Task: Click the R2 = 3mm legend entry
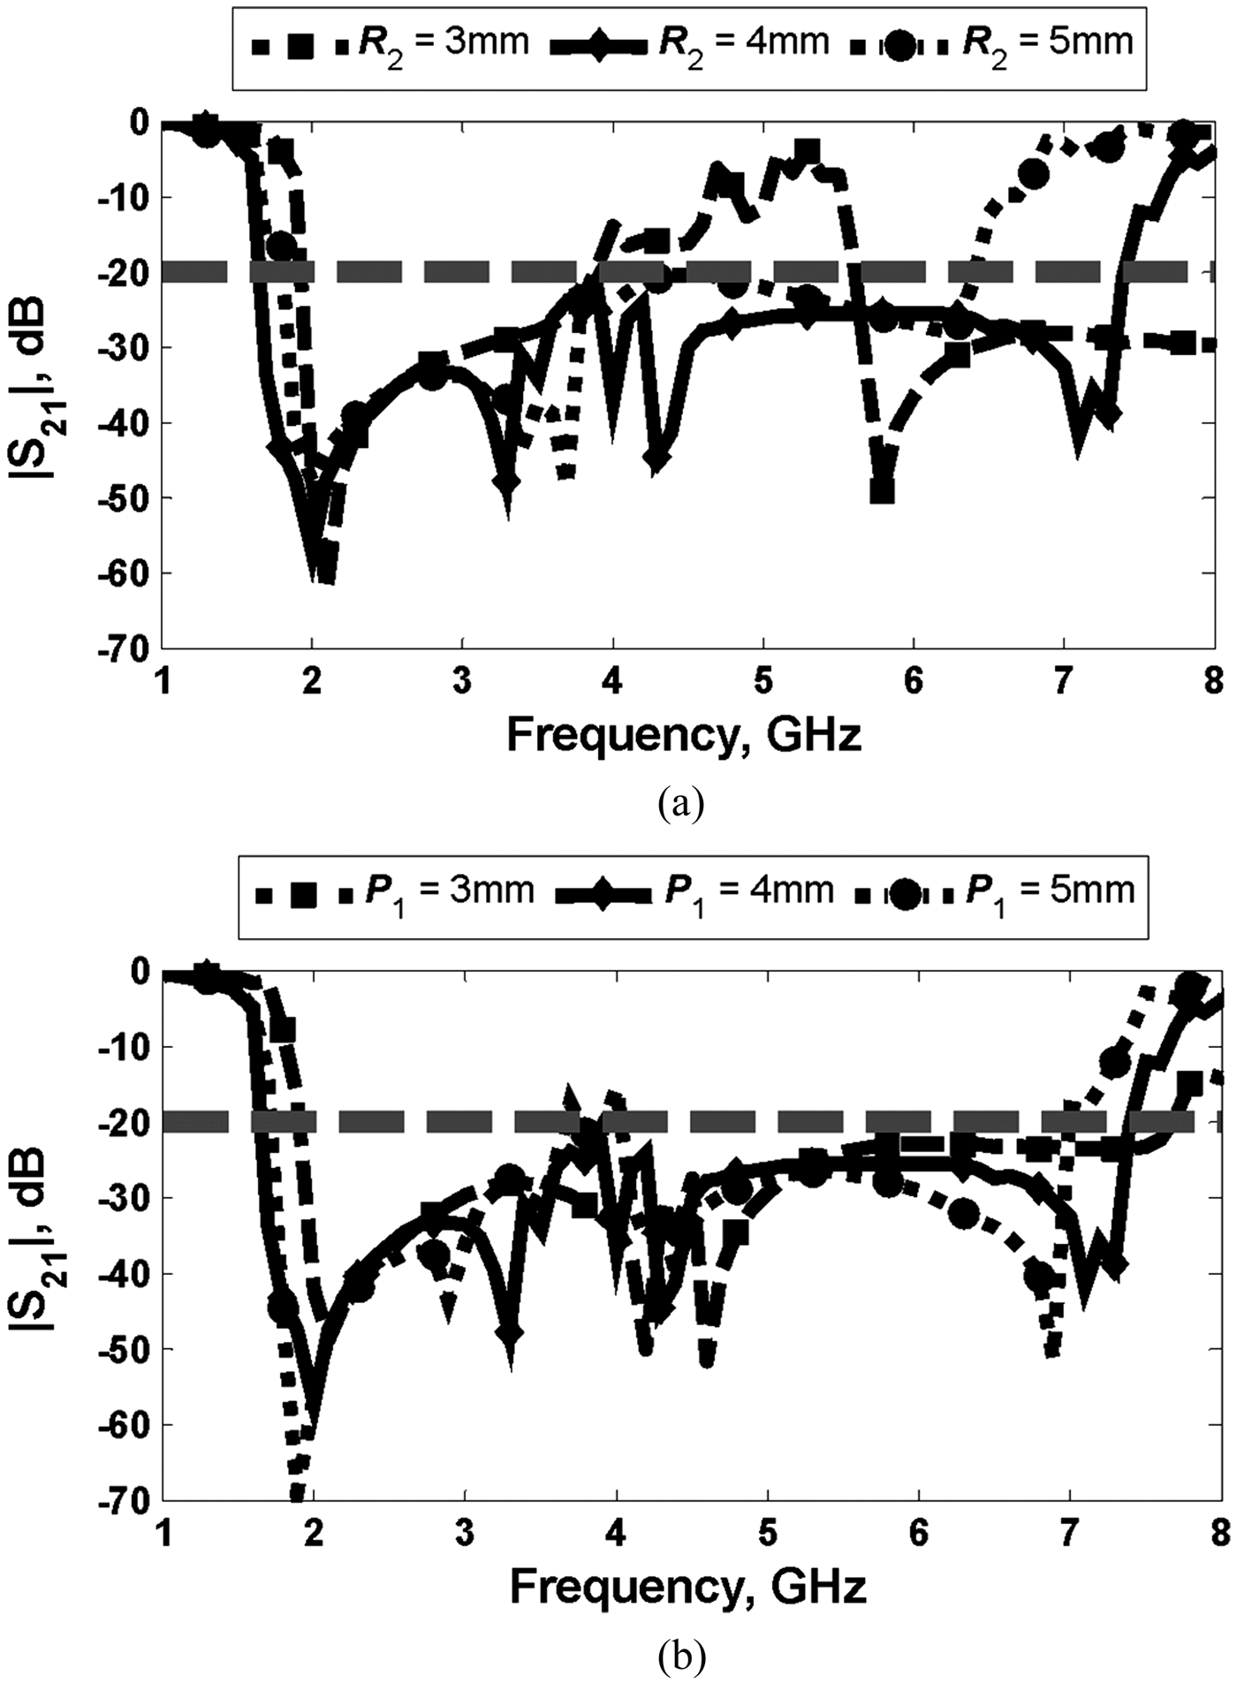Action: pos(389,42)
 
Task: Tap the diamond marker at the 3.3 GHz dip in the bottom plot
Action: pos(510,1332)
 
